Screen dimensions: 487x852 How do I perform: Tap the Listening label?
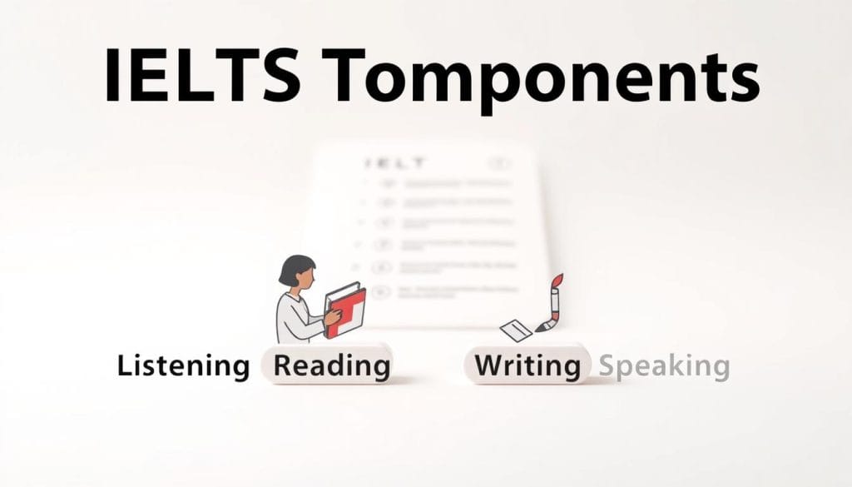(x=183, y=365)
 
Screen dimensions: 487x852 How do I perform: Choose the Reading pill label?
(x=331, y=365)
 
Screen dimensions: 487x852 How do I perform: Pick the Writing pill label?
(x=527, y=365)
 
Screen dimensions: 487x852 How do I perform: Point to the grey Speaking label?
(x=664, y=365)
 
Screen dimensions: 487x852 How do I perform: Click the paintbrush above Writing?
(x=550, y=304)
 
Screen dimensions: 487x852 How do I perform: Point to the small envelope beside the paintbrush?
(x=516, y=330)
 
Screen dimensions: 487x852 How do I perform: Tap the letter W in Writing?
(x=488, y=365)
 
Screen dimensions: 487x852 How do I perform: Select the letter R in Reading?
(x=282, y=365)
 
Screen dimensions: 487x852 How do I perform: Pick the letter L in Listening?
(x=123, y=365)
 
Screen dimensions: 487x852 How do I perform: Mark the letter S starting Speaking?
(x=607, y=365)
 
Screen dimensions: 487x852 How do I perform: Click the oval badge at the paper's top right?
(x=499, y=164)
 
